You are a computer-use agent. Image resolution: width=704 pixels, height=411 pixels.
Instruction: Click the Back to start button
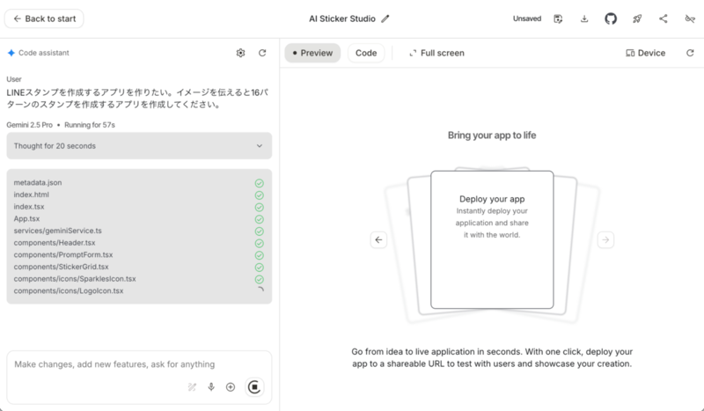[44, 18]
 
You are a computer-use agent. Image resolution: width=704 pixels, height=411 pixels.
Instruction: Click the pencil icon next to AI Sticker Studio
[385, 18]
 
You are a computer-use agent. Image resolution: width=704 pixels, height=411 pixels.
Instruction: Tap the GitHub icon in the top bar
[611, 18]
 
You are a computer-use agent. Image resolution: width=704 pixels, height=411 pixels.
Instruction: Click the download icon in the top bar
[584, 18]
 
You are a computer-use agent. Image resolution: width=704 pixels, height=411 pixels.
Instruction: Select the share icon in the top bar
[664, 18]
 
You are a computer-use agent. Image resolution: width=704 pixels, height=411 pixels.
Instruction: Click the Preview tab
[312, 53]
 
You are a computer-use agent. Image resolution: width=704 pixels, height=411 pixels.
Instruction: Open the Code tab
[366, 53]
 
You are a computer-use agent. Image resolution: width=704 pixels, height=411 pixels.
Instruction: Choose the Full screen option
[436, 53]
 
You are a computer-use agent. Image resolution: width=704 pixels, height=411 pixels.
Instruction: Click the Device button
[645, 53]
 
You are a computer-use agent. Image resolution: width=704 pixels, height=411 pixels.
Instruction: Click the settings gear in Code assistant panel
[240, 53]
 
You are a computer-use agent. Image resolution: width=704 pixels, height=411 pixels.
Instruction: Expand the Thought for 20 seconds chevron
[259, 146]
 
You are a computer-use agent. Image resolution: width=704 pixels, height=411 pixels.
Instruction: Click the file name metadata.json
[38, 182]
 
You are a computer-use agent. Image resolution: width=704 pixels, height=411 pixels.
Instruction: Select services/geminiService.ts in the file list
[58, 231]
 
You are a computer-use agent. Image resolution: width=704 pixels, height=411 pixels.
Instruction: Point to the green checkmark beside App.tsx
[259, 219]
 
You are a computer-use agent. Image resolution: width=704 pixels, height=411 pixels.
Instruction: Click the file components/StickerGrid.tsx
[62, 267]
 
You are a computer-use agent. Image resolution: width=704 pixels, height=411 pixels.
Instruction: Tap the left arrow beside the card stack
[378, 239]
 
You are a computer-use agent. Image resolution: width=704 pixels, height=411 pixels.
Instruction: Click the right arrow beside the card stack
[605, 239]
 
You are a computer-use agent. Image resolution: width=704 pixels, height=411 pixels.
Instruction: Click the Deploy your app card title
[492, 199]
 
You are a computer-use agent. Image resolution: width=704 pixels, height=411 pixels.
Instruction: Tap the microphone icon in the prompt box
[211, 386]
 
